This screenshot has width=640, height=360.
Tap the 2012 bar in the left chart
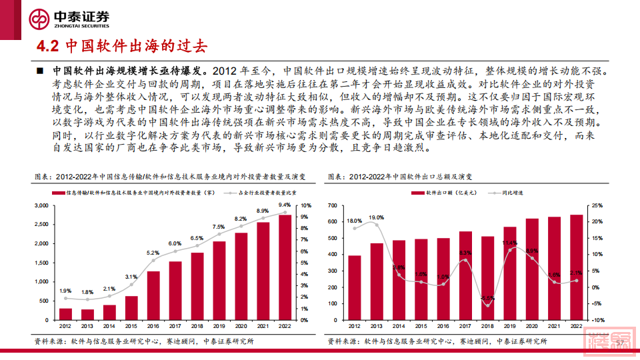tap(65, 313)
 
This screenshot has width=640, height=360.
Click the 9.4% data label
tap(285, 205)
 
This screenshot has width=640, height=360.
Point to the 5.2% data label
tap(153, 253)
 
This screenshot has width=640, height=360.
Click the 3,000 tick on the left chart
tap(41, 207)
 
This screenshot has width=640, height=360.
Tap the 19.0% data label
tap(377, 217)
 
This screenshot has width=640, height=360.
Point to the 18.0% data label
tap(355, 221)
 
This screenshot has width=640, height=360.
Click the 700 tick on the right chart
tap(335, 206)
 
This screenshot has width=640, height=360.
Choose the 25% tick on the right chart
tap(595, 206)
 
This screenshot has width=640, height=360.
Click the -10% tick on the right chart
tap(595, 320)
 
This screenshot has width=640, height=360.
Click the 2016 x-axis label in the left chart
tap(153, 326)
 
